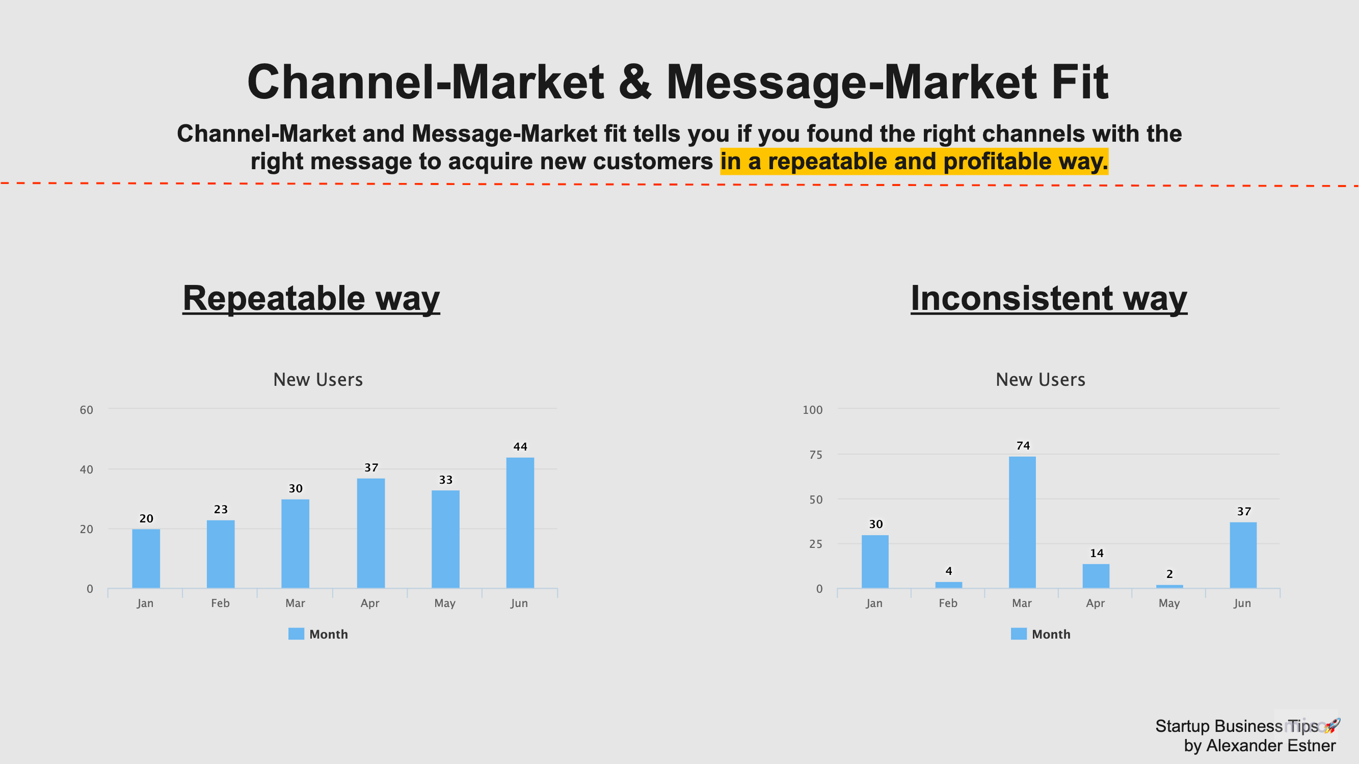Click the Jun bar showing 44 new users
[520, 522]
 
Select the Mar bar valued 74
[1022, 522]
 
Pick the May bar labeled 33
[445, 539]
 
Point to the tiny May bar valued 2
[1169, 586]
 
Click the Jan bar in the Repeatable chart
[146, 558]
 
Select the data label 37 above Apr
[371, 467]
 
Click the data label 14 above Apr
[1096, 553]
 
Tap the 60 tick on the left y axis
[87, 410]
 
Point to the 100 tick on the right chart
[812, 410]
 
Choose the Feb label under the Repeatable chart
[220, 603]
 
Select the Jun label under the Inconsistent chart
[1242, 603]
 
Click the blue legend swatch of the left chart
[296, 634]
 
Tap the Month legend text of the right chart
[1051, 634]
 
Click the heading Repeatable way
[311, 298]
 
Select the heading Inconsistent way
[1049, 298]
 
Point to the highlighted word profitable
[997, 162]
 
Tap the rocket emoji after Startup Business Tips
[1332, 725]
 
